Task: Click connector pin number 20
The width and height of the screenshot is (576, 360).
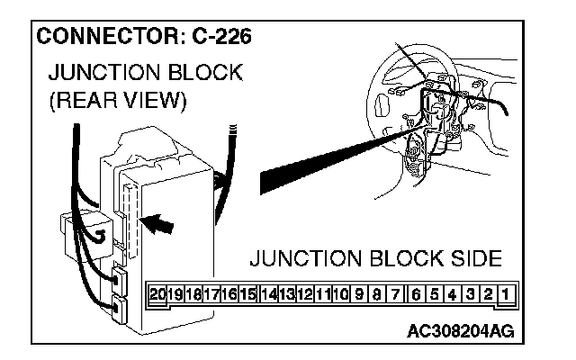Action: pyautogui.click(x=158, y=293)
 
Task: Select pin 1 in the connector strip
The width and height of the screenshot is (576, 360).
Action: pyautogui.click(x=508, y=293)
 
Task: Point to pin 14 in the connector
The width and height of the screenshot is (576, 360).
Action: pyautogui.click(x=268, y=293)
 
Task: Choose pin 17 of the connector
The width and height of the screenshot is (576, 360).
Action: pyautogui.click(x=212, y=293)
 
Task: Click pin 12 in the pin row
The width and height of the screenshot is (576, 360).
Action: pyautogui.click(x=304, y=293)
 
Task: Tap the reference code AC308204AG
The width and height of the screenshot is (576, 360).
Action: pyautogui.click(x=460, y=331)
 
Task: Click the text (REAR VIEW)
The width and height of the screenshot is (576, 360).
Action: pyautogui.click(x=116, y=101)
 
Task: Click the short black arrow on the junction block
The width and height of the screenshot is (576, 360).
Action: pyautogui.click(x=157, y=221)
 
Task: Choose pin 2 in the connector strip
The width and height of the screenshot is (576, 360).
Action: pyautogui.click(x=490, y=293)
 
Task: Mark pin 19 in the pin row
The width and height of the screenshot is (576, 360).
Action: pyautogui.click(x=176, y=293)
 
